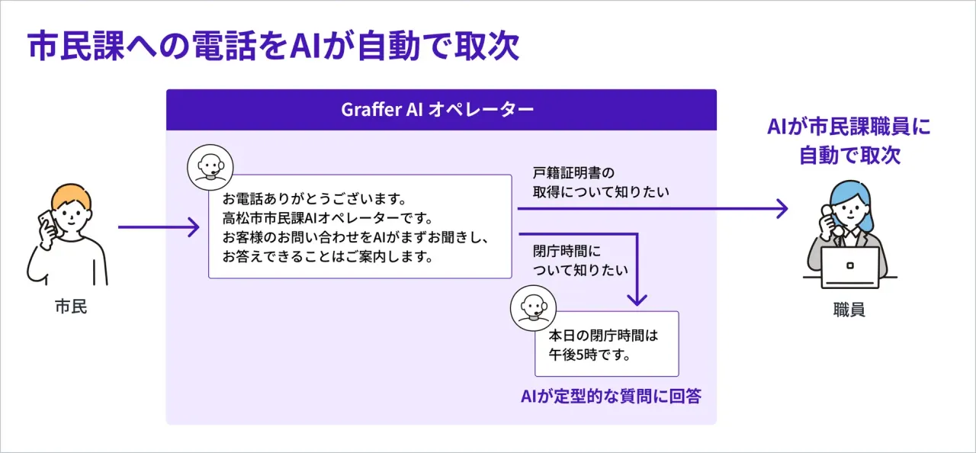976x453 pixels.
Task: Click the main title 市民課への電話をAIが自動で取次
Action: click(273, 46)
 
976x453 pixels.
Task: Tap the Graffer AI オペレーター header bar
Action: click(441, 110)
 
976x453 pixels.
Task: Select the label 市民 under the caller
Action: click(71, 307)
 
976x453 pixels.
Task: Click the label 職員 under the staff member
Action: click(849, 310)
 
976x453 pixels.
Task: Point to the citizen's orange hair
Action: click(71, 197)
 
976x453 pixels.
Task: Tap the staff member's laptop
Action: click(849, 267)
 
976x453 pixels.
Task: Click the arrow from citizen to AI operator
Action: click(159, 227)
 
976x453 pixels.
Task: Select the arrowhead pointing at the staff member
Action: click(782, 209)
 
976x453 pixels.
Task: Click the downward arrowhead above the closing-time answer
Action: click(637, 300)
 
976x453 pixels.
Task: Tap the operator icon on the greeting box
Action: click(210, 167)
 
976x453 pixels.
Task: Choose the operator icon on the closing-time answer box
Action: click(533, 308)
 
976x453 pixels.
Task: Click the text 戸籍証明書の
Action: click(573, 173)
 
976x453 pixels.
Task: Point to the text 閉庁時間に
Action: click(567, 251)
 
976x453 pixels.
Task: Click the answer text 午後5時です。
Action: click(589, 355)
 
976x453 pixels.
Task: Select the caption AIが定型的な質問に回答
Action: click(611, 396)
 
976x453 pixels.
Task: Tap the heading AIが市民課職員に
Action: click(849, 127)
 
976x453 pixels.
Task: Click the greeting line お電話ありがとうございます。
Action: click(314, 199)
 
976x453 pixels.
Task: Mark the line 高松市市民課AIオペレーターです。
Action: click(328, 218)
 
